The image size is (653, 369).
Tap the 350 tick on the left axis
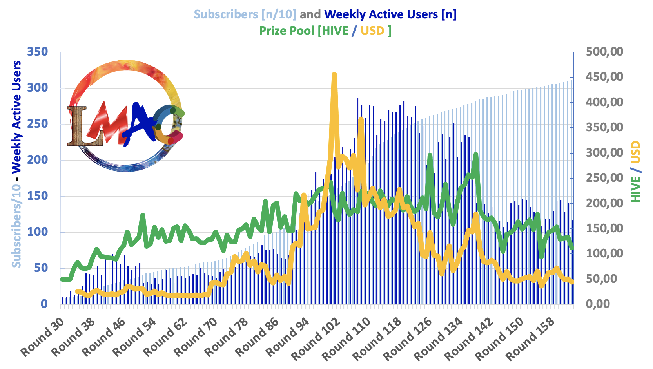point(37,52)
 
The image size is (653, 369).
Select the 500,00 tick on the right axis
point(604,52)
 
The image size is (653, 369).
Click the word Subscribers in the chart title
point(226,14)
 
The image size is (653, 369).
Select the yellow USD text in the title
point(372,31)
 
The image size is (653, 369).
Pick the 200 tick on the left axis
point(37,160)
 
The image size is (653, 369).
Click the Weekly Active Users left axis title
point(16,117)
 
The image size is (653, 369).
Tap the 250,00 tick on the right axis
point(604,178)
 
